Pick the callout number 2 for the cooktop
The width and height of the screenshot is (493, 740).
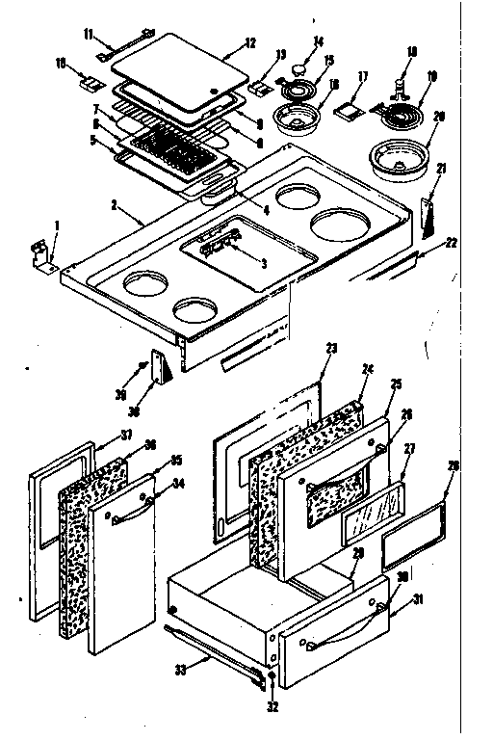(114, 205)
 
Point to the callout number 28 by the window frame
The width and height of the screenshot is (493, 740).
(453, 465)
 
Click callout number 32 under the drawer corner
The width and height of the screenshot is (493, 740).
(272, 704)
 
